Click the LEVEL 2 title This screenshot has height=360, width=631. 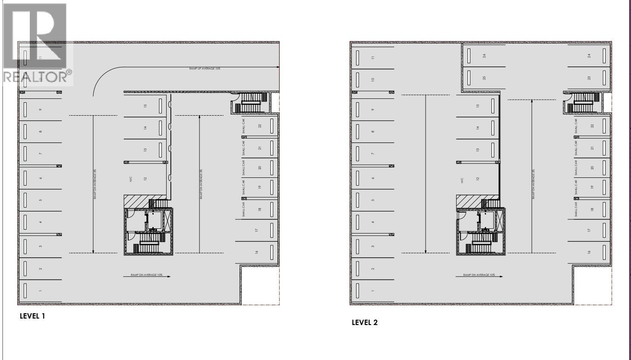click(365, 322)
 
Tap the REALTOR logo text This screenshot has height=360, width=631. click(37, 76)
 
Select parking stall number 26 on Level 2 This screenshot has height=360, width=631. click(484, 56)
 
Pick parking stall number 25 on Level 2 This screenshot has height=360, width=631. click(484, 78)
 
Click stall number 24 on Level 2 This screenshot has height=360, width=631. click(589, 56)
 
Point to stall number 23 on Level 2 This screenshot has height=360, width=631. click(589, 78)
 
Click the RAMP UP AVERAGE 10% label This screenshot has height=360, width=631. click(205, 69)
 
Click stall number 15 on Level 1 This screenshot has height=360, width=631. click(145, 106)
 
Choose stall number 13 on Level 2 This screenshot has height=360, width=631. click(478, 150)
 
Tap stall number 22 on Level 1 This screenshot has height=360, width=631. click(260, 126)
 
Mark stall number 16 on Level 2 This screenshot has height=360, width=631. click(589, 252)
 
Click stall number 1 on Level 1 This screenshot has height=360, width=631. click(41, 291)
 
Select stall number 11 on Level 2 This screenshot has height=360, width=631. click(373, 57)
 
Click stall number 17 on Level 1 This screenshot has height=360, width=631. click(256, 231)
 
